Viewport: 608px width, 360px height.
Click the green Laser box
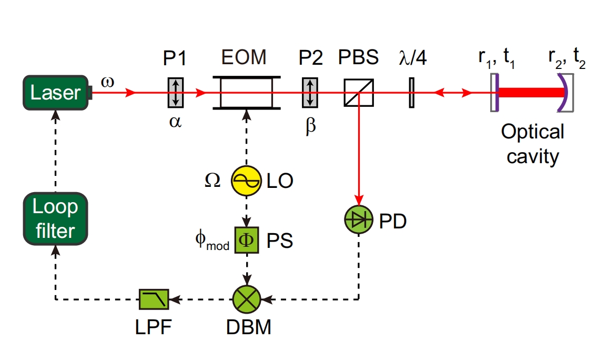[56, 93]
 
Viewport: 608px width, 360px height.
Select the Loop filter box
[55, 218]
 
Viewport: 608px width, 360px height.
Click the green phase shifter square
[246, 241]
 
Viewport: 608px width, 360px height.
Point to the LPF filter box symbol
[154, 299]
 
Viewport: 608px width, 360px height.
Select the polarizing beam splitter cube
[359, 93]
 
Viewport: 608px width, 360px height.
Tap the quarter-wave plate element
[412, 93]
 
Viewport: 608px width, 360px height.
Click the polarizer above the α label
[175, 93]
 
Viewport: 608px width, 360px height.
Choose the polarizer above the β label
[311, 93]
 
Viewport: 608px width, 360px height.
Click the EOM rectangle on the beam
[246, 93]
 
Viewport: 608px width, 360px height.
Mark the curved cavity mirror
[563, 93]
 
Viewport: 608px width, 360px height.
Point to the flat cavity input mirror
[494, 93]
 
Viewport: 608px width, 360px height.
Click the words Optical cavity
[532, 143]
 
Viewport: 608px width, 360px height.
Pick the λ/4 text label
[412, 57]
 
